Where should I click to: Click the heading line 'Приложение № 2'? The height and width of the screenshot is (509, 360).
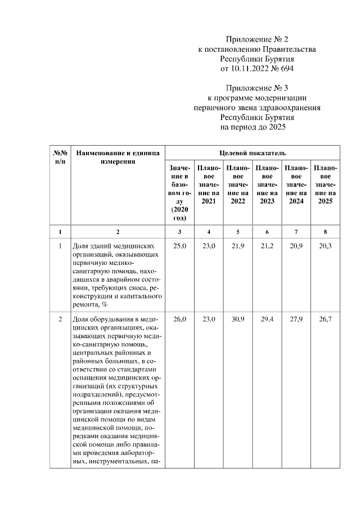[257, 39]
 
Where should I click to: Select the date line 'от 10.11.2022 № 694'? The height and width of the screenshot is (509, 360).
[257, 69]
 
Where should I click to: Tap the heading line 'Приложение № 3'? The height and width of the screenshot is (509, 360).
[257, 88]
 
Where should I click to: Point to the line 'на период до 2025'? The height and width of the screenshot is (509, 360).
[257, 128]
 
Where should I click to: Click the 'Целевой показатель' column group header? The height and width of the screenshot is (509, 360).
[253, 152]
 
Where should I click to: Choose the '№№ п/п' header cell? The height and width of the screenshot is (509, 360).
[60, 157]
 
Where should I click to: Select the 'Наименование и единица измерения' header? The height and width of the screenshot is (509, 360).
[118, 157]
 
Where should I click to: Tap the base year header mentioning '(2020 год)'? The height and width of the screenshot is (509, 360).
[180, 192]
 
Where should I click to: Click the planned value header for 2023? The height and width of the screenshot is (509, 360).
[267, 184]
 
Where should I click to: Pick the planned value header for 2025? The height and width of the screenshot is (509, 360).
[325, 184]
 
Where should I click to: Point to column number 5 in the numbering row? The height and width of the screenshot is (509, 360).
[238, 232]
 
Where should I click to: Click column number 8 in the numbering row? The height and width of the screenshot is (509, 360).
[325, 232]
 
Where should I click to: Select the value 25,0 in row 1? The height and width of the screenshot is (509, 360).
[180, 246]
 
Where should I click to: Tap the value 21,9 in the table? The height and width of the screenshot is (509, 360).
[238, 246]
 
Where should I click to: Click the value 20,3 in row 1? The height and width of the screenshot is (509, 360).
[325, 246]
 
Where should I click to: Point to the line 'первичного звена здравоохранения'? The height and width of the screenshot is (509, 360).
[257, 108]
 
